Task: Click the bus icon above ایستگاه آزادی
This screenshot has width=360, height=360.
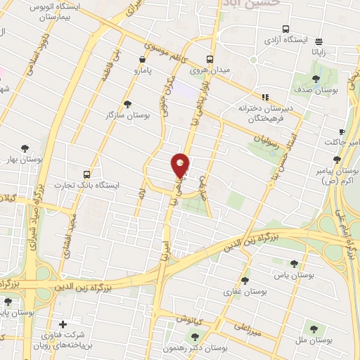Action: pyautogui.click(x=285, y=29)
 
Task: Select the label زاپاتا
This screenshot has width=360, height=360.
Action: pyautogui.click(x=319, y=53)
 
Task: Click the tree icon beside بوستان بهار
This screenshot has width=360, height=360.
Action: pyautogui.click(x=25, y=148)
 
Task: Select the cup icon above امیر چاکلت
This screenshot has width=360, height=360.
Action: pyautogui.click(x=342, y=131)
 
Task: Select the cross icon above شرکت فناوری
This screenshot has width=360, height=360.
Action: pyautogui.click(x=63, y=324)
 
